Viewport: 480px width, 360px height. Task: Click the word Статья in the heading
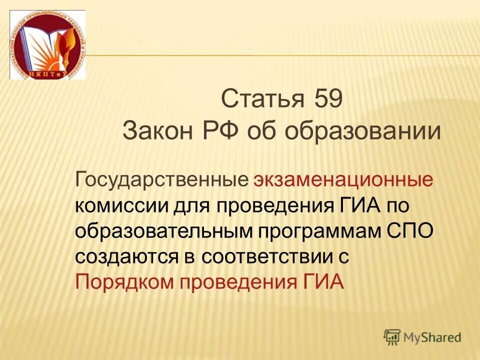262,99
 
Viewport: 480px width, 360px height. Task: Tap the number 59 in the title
328,99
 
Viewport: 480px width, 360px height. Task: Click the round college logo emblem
47,45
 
